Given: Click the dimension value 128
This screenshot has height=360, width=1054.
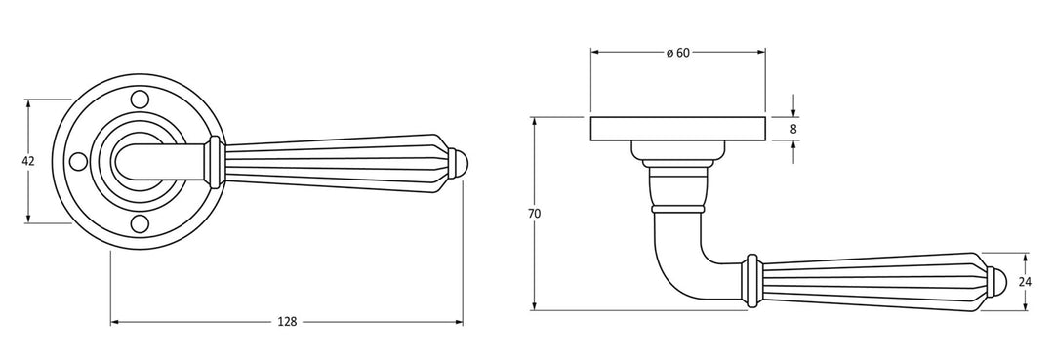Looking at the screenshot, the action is (x=287, y=322).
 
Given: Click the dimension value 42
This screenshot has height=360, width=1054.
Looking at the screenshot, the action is (x=27, y=161).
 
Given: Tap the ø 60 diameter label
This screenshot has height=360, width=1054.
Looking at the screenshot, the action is (x=677, y=53).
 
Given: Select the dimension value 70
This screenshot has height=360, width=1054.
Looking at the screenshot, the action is (x=535, y=214).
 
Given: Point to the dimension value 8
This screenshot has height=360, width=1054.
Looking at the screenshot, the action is (x=793, y=128).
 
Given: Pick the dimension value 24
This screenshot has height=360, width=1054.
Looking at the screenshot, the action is (x=1025, y=282).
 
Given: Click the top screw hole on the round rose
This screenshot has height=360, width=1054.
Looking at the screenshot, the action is (x=140, y=99).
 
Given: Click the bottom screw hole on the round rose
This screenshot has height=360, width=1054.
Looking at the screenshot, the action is (x=140, y=223).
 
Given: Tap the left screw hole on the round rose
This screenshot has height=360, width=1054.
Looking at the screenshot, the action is (x=79, y=161).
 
